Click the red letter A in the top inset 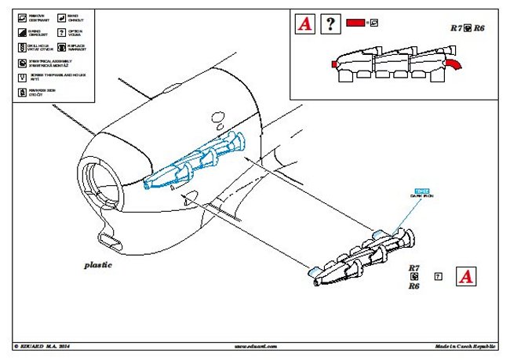[305, 24]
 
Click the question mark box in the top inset [332, 24]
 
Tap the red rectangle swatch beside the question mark [356, 24]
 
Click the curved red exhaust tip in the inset [454, 63]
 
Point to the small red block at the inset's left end [335, 64]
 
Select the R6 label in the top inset [479, 27]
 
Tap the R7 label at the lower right [413, 268]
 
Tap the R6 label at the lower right [413, 287]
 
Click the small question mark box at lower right [439, 277]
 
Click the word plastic [99, 264]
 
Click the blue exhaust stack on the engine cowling [195, 160]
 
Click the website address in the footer [252, 345]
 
